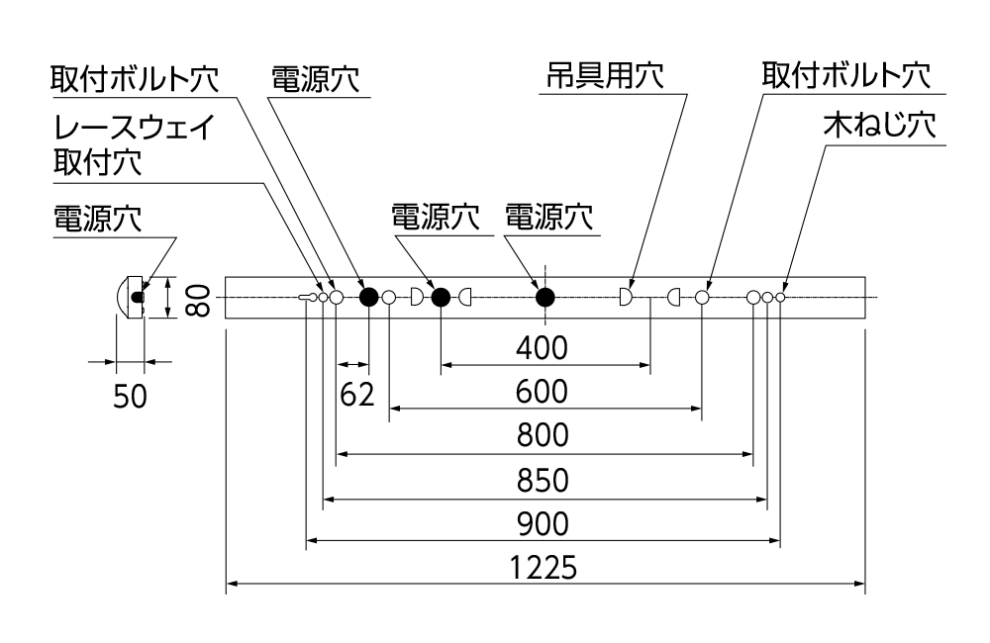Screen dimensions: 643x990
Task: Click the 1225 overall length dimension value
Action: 544,569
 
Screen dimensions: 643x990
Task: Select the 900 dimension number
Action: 544,523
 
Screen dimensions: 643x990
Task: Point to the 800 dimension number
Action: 544,435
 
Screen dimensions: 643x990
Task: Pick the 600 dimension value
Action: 544,392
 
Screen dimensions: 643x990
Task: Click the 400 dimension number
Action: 544,348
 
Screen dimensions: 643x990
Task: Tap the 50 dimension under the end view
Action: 130,396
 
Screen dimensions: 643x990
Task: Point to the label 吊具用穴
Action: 602,76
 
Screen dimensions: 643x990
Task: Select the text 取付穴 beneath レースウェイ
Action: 97,161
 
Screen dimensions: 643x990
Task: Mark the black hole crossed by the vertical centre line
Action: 544,297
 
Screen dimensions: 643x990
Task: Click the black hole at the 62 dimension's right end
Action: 368,297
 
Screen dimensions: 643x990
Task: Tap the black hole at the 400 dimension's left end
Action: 441,297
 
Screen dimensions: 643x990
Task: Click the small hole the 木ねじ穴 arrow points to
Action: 780,297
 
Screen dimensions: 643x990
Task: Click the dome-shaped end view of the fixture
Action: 131,297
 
